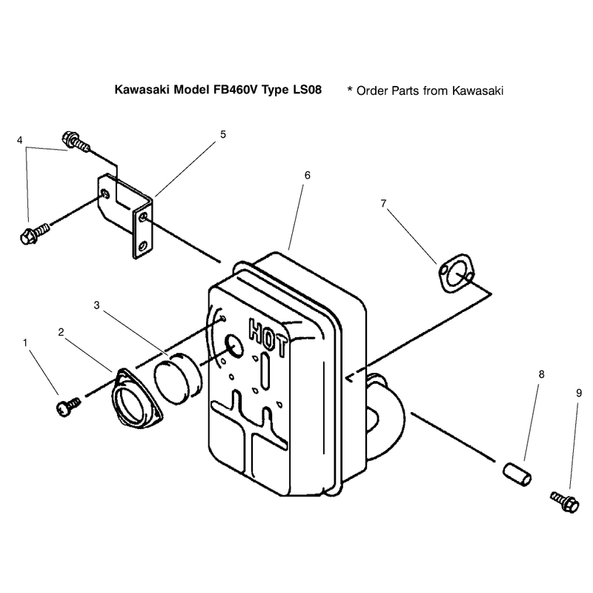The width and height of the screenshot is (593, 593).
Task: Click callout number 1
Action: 25,343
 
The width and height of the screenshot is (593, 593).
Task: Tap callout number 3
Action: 97,305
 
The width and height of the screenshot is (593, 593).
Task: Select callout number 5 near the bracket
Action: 223,134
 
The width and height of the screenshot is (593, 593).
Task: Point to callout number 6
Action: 308,175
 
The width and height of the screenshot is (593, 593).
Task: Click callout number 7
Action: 383,203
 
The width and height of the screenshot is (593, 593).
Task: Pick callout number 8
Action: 542,374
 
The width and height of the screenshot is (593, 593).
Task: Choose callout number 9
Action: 579,394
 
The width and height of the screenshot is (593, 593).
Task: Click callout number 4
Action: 20,140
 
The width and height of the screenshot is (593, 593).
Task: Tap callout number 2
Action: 62,332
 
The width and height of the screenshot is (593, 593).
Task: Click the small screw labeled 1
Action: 68,406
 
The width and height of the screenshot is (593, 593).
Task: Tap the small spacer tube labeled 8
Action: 517,474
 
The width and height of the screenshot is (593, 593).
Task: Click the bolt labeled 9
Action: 565,502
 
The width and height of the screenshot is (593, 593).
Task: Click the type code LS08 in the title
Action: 307,90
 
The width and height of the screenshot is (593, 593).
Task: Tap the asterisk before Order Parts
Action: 350,89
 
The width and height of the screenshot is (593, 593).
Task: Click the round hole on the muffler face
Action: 234,345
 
